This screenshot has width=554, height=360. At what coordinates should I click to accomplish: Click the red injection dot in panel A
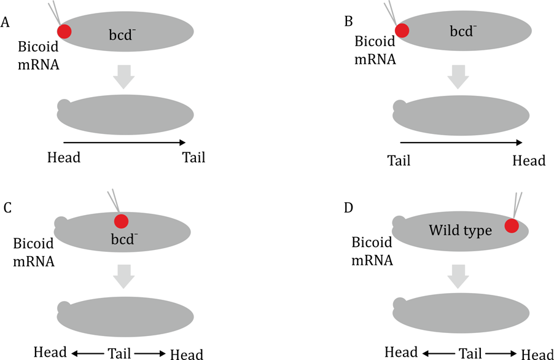(64, 31)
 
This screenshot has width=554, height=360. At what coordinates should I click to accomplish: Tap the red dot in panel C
(120, 221)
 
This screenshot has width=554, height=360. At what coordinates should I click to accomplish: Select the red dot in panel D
(512, 225)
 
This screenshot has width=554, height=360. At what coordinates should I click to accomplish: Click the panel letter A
(6, 23)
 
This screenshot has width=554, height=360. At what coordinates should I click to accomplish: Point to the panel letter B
(349, 22)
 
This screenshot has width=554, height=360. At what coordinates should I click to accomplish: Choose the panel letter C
(7, 208)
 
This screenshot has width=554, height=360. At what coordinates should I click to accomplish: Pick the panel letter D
(349, 208)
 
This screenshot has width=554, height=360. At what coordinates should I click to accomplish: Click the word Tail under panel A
(193, 158)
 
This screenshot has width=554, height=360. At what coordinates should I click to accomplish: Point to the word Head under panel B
(529, 160)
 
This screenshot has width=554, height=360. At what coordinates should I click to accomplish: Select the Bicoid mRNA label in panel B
(375, 51)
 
